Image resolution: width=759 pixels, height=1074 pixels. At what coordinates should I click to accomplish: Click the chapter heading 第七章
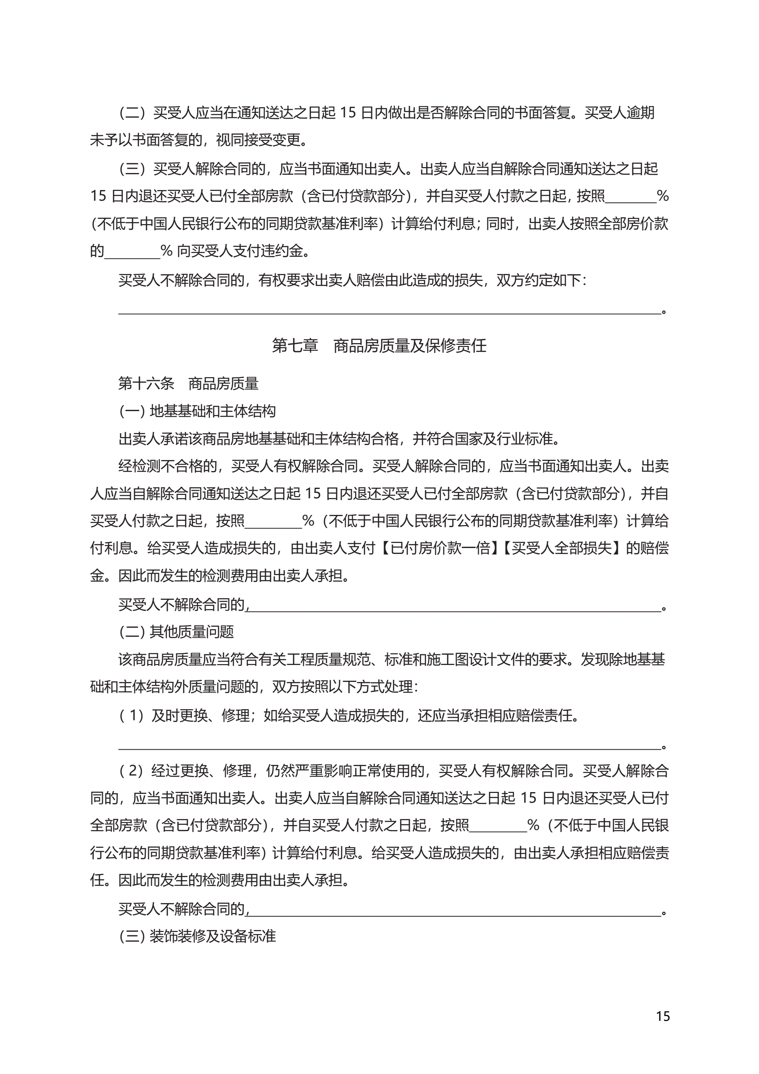[x=295, y=346]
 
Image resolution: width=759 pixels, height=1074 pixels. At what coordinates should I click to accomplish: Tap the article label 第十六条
[x=146, y=384]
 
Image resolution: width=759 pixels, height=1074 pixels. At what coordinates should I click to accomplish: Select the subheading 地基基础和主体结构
[x=213, y=411]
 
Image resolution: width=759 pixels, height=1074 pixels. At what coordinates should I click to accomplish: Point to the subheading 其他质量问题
[x=191, y=632]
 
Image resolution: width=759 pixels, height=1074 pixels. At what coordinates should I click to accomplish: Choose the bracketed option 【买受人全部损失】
[x=562, y=548]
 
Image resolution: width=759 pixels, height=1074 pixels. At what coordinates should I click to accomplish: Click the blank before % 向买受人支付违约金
[x=132, y=253]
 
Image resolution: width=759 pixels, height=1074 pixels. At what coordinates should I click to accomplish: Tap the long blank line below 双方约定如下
[x=389, y=309]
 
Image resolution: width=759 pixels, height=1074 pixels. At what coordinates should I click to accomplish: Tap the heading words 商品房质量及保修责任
[x=410, y=346]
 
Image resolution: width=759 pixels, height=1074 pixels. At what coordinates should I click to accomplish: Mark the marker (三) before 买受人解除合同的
[x=132, y=168]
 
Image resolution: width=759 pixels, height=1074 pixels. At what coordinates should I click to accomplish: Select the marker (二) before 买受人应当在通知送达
[x=132, y=113]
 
